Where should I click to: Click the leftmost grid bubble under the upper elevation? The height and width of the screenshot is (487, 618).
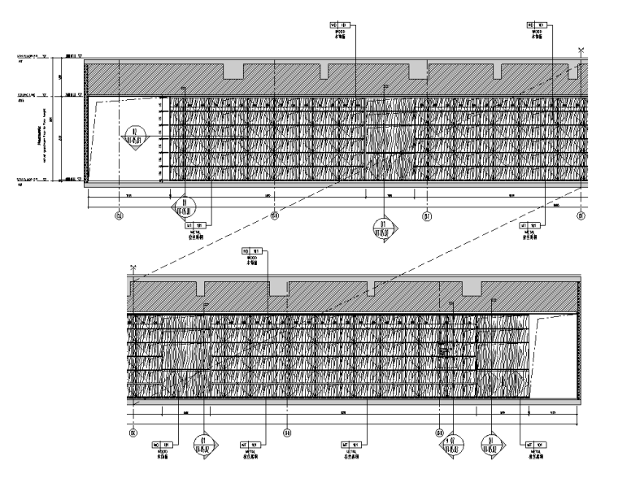pos(120,216)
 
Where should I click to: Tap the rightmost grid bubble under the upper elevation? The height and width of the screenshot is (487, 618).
pos(581,216)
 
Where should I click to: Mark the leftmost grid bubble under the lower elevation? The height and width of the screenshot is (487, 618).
pos(133,433)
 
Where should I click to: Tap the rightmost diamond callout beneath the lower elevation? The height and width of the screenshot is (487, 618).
pos(491,444)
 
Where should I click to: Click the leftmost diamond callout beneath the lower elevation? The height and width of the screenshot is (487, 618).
pos(202,444)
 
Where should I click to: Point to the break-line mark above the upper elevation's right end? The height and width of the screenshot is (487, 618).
pos(581,51)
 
